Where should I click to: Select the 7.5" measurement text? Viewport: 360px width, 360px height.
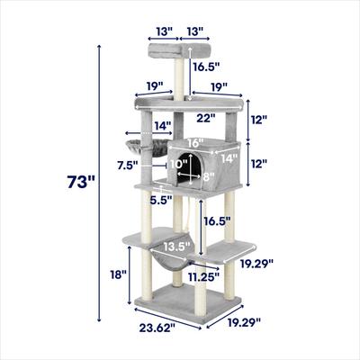pos(127,165)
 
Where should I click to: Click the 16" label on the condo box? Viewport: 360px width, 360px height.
pos(195,142)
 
